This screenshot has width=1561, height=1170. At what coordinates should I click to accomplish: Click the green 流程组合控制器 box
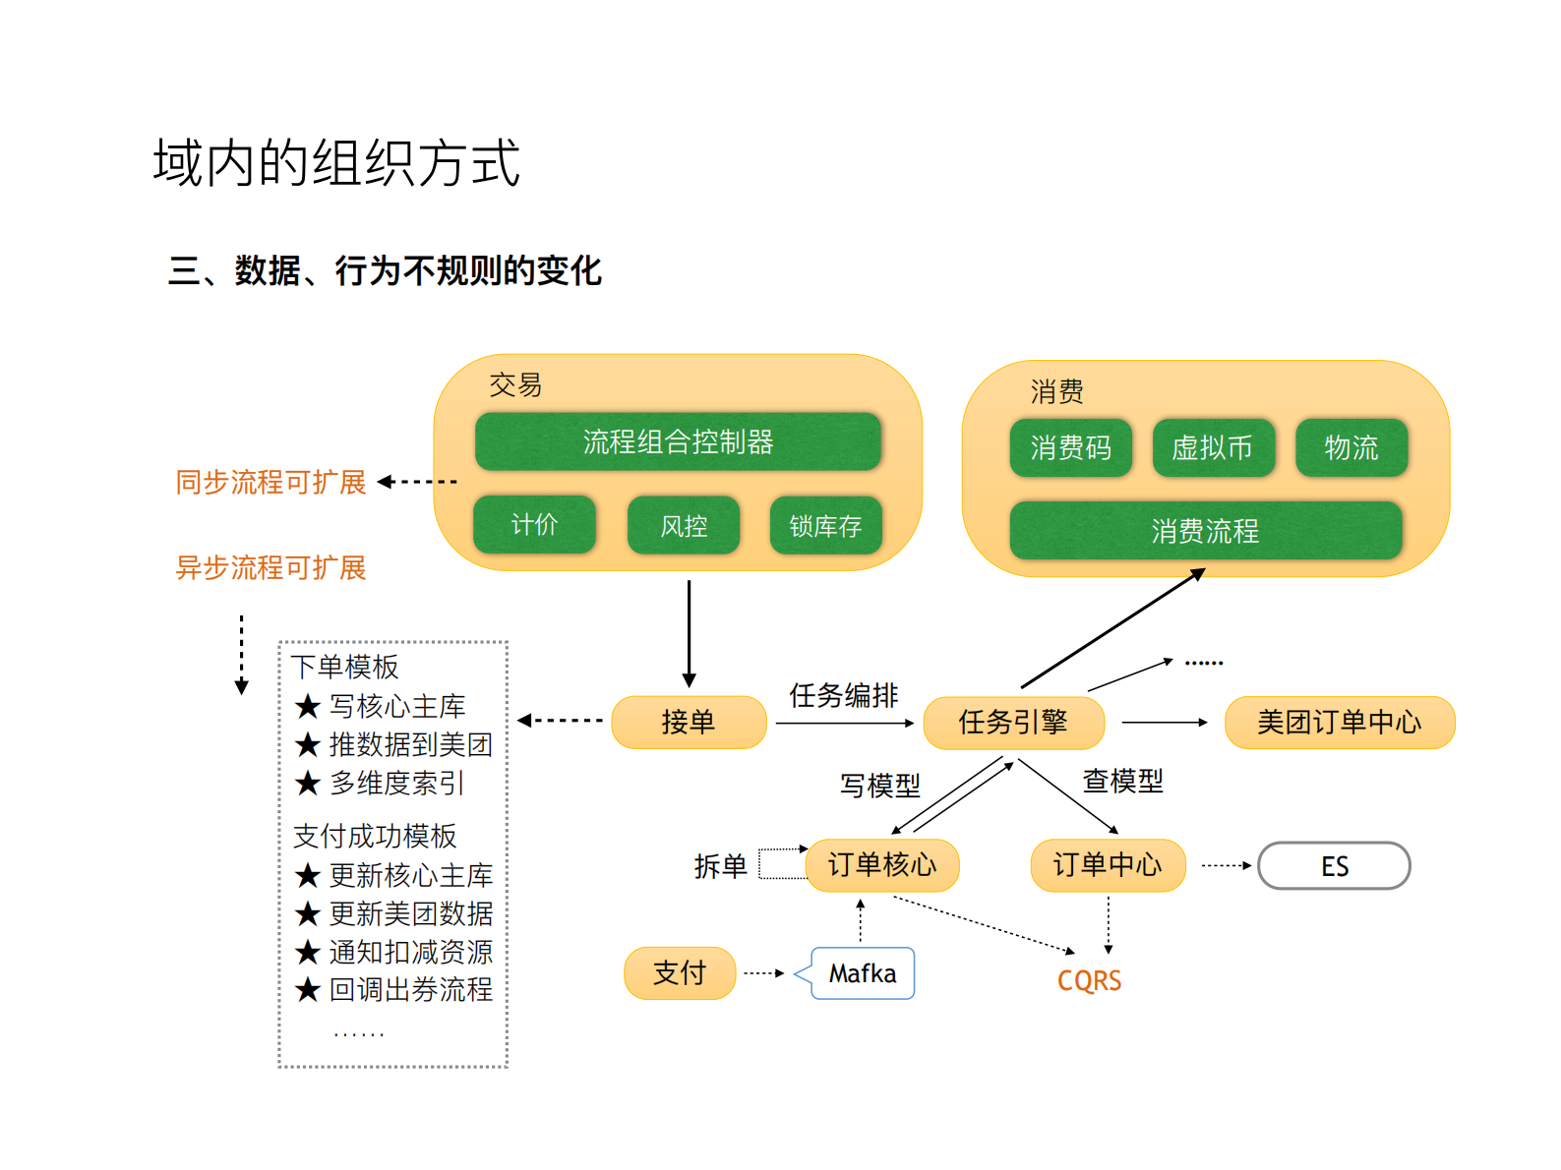point(678,441)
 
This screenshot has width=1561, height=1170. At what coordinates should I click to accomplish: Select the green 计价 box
point(534,524)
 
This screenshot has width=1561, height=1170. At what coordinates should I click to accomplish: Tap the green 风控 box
point(684,526)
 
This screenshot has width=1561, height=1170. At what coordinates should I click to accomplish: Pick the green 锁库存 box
point(825,526)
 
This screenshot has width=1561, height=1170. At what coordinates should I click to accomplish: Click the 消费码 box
point(1070,448)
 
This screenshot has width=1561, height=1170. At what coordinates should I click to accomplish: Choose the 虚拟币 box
point(1213,448)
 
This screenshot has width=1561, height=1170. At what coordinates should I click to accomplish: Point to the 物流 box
point(1351,448)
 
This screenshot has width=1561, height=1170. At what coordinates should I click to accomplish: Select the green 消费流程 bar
point(1205,531)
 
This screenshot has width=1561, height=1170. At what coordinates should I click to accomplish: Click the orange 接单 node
point(689,723)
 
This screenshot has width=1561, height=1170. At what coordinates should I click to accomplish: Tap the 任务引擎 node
point(1013,723)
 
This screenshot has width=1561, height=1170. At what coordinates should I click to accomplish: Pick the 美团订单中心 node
point(1339,723)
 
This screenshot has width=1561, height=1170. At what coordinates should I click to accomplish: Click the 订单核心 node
point(881,865)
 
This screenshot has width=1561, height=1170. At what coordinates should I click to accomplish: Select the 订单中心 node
point(1108,865)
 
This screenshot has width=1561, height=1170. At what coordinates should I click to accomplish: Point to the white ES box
point(1334,866)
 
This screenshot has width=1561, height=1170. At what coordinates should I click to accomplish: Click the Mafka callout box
point(863,973)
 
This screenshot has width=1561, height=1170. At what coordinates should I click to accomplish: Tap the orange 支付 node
point(680,973)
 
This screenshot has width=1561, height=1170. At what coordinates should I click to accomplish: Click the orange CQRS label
point(1089,980)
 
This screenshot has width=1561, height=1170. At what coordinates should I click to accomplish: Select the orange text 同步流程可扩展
point(270,482)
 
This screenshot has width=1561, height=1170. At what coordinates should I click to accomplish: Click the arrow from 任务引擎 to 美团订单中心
point(1164,723)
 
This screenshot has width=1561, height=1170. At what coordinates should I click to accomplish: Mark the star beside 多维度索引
point(308,784)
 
